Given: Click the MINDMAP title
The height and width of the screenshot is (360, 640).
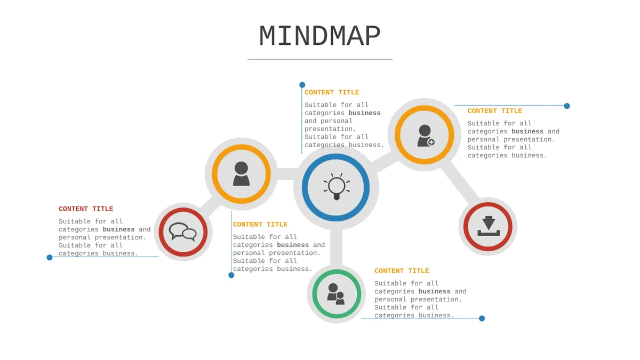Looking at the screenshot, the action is point(319,36).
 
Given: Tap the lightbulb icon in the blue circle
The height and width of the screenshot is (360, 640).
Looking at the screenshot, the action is point(337,187).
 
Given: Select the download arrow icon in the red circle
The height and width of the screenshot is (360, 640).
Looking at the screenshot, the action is point(489,226).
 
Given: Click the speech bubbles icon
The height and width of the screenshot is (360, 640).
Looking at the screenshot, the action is point(183,231).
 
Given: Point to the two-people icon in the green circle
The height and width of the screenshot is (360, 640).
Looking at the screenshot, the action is point(336,294).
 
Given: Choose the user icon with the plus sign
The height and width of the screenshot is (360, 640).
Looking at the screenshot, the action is point(426,135).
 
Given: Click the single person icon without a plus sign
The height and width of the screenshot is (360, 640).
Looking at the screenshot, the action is point(241,174).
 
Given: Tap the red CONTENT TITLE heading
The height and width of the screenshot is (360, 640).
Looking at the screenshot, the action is point(86,209).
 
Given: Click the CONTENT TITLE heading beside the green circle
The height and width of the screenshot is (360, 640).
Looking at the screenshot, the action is point(402,271).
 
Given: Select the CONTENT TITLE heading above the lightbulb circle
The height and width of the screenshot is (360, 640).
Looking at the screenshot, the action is point(332,92).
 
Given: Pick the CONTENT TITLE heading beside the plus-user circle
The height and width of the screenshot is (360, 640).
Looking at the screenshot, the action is point(494,111).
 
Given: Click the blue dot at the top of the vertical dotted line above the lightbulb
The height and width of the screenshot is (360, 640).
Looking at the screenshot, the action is point(302,85).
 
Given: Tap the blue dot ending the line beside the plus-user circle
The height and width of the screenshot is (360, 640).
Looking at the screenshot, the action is point(567,106).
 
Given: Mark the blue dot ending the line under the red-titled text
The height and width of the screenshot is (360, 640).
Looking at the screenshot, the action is point(50,258).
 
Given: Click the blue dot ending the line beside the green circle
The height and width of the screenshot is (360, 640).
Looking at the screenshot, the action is point(482,318).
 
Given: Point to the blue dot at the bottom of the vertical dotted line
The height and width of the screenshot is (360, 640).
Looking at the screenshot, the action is point(231,275).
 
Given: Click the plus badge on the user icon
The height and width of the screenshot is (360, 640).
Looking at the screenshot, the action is point(431,142).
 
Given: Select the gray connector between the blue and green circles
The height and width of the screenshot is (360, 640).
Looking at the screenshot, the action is point(337,247).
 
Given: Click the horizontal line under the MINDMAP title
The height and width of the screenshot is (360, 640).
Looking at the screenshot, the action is point(319,59).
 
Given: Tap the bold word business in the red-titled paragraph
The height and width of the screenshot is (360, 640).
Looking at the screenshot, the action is point(118,229).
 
